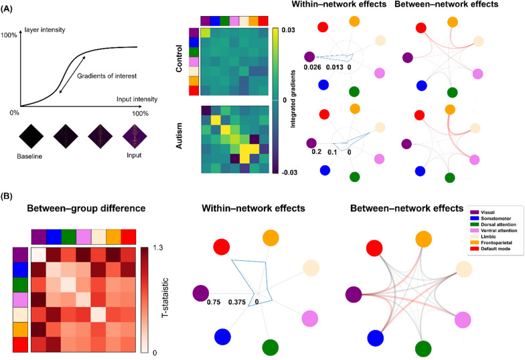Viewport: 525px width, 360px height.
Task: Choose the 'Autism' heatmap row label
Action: tap(179, 136)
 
